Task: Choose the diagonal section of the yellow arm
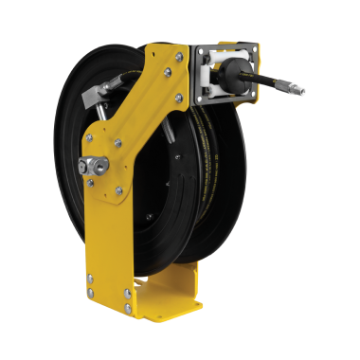click(142, 104)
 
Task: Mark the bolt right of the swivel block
click(117, 168)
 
